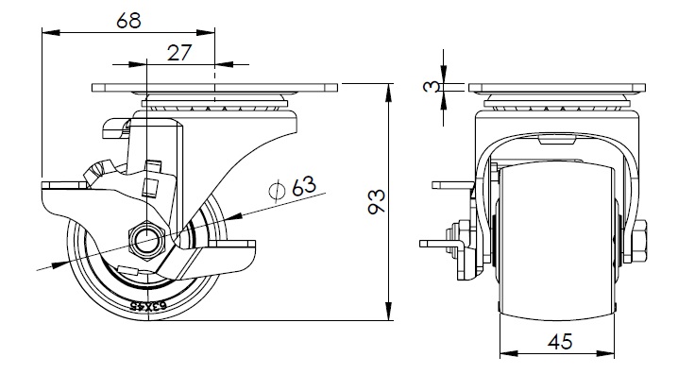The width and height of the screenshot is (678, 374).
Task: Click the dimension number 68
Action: [128, 21]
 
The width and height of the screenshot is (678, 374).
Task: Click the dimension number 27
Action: [179, 53]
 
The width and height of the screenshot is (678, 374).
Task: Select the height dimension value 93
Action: [377, 201]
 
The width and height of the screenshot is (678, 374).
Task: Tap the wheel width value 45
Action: [560, 342]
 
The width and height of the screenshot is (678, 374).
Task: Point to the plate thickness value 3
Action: [432, 87]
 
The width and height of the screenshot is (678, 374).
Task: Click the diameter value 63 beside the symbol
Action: [304, 186]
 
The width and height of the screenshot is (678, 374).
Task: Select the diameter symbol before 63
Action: [277, 191]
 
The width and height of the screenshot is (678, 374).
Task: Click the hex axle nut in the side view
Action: [146, 240]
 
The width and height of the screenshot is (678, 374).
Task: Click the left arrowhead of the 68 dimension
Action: [51, 32]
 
